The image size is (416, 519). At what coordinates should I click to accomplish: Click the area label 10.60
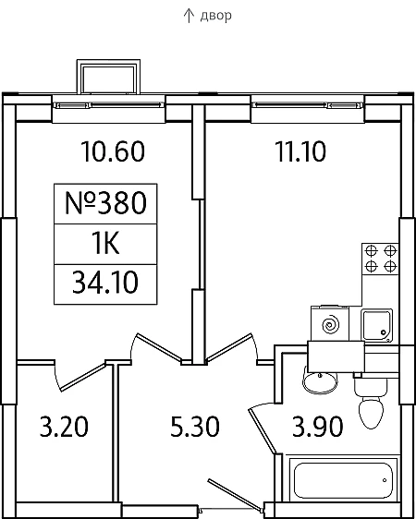[x=113, y=151]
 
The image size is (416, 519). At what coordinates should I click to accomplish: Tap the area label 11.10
[x=300, y=151]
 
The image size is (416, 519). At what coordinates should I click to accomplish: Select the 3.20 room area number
[x=64, y=427]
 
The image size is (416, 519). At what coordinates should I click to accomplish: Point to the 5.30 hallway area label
[x=195, y=427]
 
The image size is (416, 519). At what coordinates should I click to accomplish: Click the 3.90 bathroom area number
[x=318, y=427]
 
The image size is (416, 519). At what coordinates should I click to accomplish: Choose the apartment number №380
[x=105, y=203]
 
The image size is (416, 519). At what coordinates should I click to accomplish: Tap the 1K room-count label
[x=105, y=244]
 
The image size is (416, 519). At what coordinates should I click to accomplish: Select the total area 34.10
[x=105, y=283]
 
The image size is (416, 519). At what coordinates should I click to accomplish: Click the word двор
[x=215, y=16]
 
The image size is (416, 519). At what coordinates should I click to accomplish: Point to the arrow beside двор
[x=189, y=16]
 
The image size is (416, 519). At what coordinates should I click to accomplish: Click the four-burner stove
[x=380, y=259]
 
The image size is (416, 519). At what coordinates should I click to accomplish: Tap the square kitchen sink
[x=377, y=325]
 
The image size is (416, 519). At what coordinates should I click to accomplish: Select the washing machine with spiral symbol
[x=330, y=324]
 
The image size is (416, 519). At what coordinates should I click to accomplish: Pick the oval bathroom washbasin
[x=320, y=382]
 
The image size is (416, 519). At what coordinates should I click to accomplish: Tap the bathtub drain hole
[x=385, y=480]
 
